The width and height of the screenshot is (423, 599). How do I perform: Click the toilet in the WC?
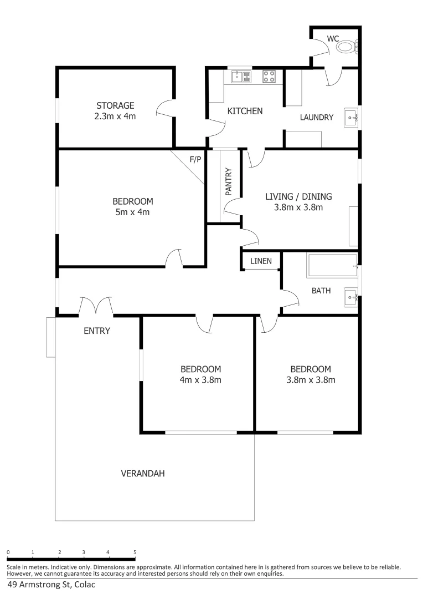click(x=347, y=47)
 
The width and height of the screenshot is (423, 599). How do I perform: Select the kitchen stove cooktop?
click(x=269, y=77)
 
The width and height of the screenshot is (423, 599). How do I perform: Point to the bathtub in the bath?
click(x=332, y=266)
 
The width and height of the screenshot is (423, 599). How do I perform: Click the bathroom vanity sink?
click(x=350, y=297)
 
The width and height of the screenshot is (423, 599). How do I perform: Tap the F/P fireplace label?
click(x=195, y=160)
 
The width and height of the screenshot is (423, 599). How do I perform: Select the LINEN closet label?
click(x=260, y=261)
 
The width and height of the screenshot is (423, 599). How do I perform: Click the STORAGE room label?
click(x=115, y=105)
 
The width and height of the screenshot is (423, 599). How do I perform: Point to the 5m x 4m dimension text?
click(x=132, y=212)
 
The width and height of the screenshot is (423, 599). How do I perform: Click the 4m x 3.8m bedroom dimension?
click(x=200, y=380)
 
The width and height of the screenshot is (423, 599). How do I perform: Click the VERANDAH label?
click(x=143, y=474)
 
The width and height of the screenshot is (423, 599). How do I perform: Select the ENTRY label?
click(x=97, y=331)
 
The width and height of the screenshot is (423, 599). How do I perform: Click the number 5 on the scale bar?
click(x=135, y=552)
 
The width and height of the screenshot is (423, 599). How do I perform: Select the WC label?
click(x=333, y=38)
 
